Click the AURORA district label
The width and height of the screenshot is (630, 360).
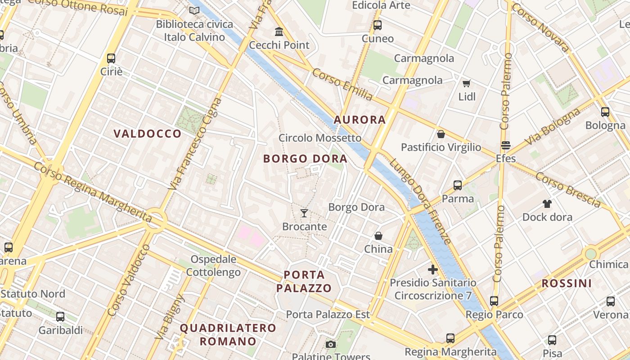(x=360, y=120)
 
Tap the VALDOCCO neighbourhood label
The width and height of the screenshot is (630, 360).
(x=147, y=134)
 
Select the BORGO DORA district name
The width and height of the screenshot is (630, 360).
(x=305, y=158)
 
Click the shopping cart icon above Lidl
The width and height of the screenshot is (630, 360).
(x=467, y=84)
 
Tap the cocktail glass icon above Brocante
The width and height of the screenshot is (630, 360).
(x=304, y=213)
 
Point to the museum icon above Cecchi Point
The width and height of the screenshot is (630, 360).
(x=279, y=32)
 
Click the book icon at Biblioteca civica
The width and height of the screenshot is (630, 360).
(x=194, y=10)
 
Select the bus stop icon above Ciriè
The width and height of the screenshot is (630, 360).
(x=111, y=58)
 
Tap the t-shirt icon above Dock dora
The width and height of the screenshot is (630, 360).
(x=547, y=204)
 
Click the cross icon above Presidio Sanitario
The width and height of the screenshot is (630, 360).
(x=432, y=270)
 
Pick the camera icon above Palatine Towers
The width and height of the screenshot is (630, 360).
(x=331, y=345)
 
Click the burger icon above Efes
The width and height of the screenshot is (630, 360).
(x=505, y=145)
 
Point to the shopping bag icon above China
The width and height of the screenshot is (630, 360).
(x=378, y=236)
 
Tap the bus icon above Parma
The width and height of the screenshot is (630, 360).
(x=458, y=185)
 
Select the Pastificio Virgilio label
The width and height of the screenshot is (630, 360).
(x=441, y=147)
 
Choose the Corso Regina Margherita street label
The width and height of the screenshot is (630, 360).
(x=92, y=192)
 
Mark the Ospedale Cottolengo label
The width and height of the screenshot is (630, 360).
(x=214, y=265)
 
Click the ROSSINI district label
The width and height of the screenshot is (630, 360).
(x=566, y=283)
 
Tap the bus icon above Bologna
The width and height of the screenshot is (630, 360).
(x=605, y=112)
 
